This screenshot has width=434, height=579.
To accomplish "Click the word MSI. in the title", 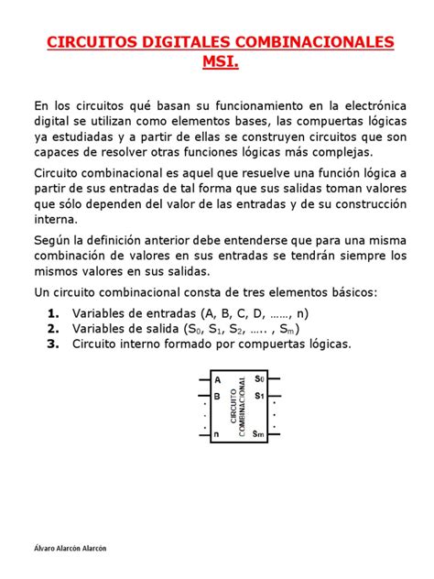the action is click(x=216, y=62).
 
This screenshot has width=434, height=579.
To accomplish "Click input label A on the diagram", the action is click(x=217, y=378).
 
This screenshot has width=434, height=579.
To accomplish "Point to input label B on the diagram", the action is click(x=217, y=396).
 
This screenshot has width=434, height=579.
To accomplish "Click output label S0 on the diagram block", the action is click(x=259, y=378).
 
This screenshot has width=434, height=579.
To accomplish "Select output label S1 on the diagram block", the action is click(x=259, y=396).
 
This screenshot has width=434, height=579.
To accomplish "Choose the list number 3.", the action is click(x=53, y=344).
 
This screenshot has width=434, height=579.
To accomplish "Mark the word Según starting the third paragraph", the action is click(x=54, y=238).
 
